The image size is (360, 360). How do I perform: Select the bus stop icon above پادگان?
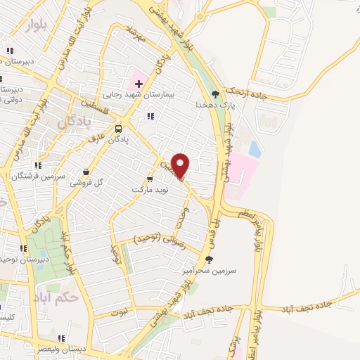point(117,129)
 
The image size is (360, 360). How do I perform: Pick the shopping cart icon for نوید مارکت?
point(150,179)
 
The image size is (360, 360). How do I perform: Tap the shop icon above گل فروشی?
point(86,171)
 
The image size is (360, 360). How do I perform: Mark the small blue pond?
point(255,150)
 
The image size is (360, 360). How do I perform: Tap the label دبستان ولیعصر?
point(60,347)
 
